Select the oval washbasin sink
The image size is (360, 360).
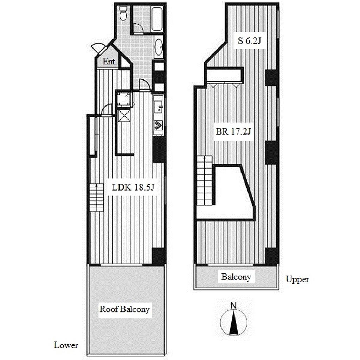tap(159, 47)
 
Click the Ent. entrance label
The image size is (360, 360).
tap(110, 62)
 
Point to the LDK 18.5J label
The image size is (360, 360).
tap(133, 187)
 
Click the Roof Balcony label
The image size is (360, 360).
tap(125, 309)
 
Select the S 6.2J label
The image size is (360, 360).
tap(249, 41)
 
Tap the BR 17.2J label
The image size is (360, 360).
tap(233, 131)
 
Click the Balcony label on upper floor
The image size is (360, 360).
tap(236, 277)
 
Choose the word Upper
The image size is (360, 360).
tap(297, 279)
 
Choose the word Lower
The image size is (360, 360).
tap(66, 345)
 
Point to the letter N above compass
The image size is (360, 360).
tap(233, 306)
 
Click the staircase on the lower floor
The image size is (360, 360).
tap(96, 198)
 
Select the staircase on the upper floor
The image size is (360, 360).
tap(204, 180)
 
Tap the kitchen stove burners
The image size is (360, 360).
tap(158, 125)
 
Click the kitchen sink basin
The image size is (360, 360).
tap(158, 107)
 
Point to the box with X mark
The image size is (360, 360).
tap(124, 115)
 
